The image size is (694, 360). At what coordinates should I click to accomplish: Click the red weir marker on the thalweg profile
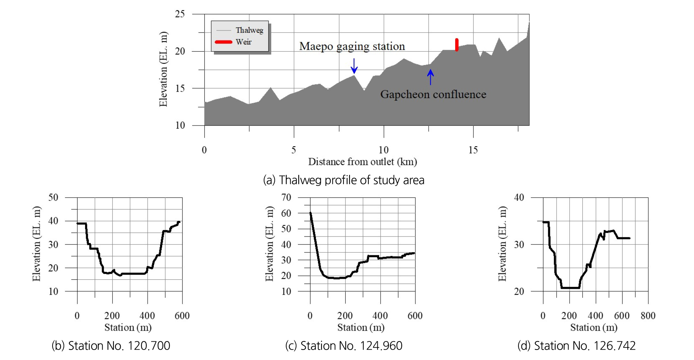(x=457, y=45)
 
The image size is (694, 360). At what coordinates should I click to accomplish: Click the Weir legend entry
(x=233, y=42)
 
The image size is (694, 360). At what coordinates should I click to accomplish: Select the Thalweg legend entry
(x=240, y=30)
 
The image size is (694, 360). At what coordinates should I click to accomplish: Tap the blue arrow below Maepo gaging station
(x=354, y=66)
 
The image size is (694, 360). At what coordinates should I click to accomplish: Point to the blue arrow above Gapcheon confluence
(x=430, y=77)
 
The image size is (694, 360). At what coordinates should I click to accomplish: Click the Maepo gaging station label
(x=352, y=46)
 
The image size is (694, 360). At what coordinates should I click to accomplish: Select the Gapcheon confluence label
(x=433, y=94)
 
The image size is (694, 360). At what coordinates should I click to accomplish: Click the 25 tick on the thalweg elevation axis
(x=180, y=14)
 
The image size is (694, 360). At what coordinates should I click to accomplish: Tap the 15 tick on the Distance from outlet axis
(x=473, y=150)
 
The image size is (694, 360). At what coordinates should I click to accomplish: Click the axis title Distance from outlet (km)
(x=363, y=162)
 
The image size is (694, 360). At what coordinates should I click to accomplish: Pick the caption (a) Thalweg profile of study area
(x=344, y=180)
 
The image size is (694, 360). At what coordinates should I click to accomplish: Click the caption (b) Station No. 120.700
(x=111, y=345)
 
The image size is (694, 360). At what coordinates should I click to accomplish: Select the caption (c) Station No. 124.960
(x=344, y=345)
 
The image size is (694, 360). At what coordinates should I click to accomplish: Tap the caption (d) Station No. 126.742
(x=576, y=345)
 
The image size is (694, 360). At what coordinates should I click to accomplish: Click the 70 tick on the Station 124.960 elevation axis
(x=286, y=197)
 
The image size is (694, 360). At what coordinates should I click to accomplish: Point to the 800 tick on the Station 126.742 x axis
(x=648, y=315)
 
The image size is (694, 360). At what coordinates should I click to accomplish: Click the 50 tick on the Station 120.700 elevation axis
(x=53, y=197)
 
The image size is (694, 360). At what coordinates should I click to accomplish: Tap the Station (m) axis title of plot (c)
(x=361, y=327)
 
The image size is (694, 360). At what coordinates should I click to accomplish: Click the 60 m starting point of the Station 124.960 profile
(x=310, y=213)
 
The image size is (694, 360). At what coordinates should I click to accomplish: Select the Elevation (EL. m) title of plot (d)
(x=502, y=243)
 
